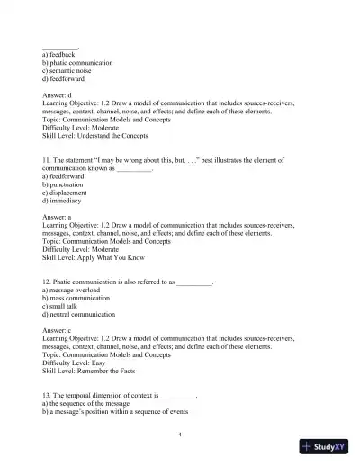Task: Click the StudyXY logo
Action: [x=324, y=447]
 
